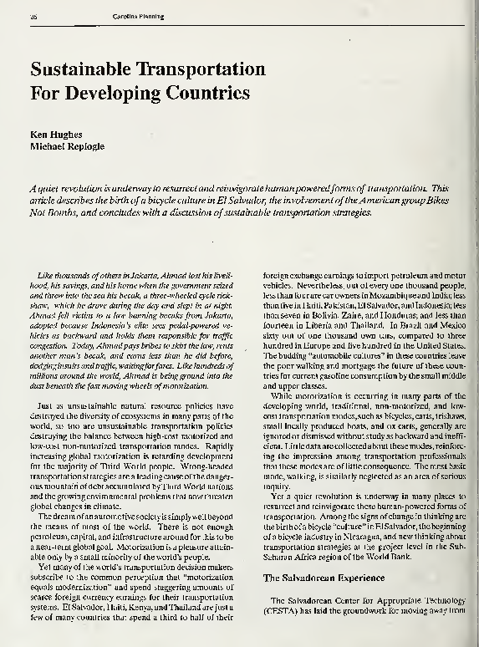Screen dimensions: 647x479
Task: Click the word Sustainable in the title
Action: [93, 68]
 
